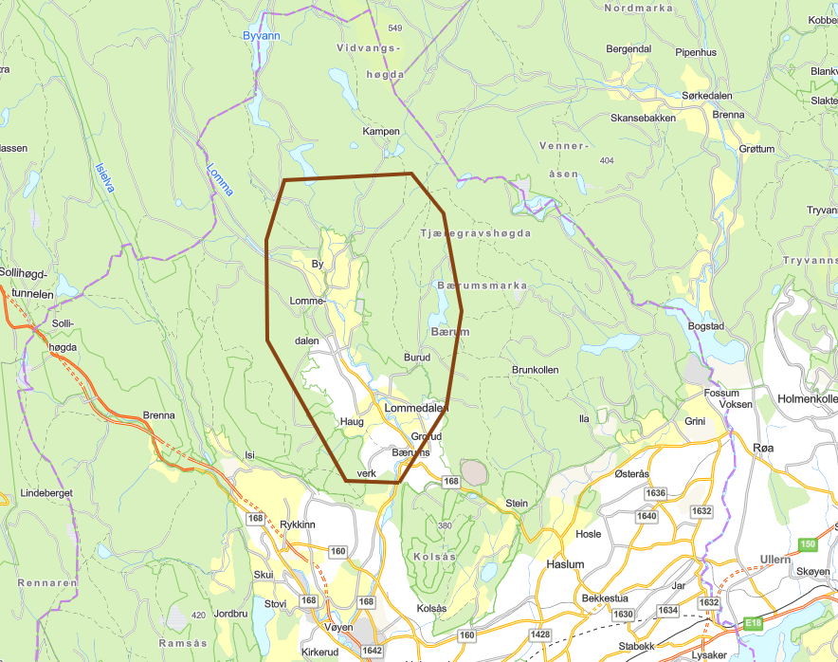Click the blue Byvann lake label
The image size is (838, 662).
pos(263,36)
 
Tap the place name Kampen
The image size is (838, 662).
pos(381,131)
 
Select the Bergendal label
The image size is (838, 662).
pos(628,48)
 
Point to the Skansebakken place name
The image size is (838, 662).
pos(644,118)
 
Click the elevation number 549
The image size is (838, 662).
pos(394,28)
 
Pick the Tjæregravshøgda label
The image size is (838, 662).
pos(476,232)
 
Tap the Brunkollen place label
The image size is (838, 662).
pos(535,369)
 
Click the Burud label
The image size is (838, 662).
pos(417,358)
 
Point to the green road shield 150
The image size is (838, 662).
pos(807,543)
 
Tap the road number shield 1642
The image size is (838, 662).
pos(372,651)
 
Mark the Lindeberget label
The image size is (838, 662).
pos(46,494)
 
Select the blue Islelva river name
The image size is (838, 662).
pos(104,175)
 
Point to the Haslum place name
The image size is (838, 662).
pos(565,563)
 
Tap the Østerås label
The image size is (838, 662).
pos(632,473)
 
